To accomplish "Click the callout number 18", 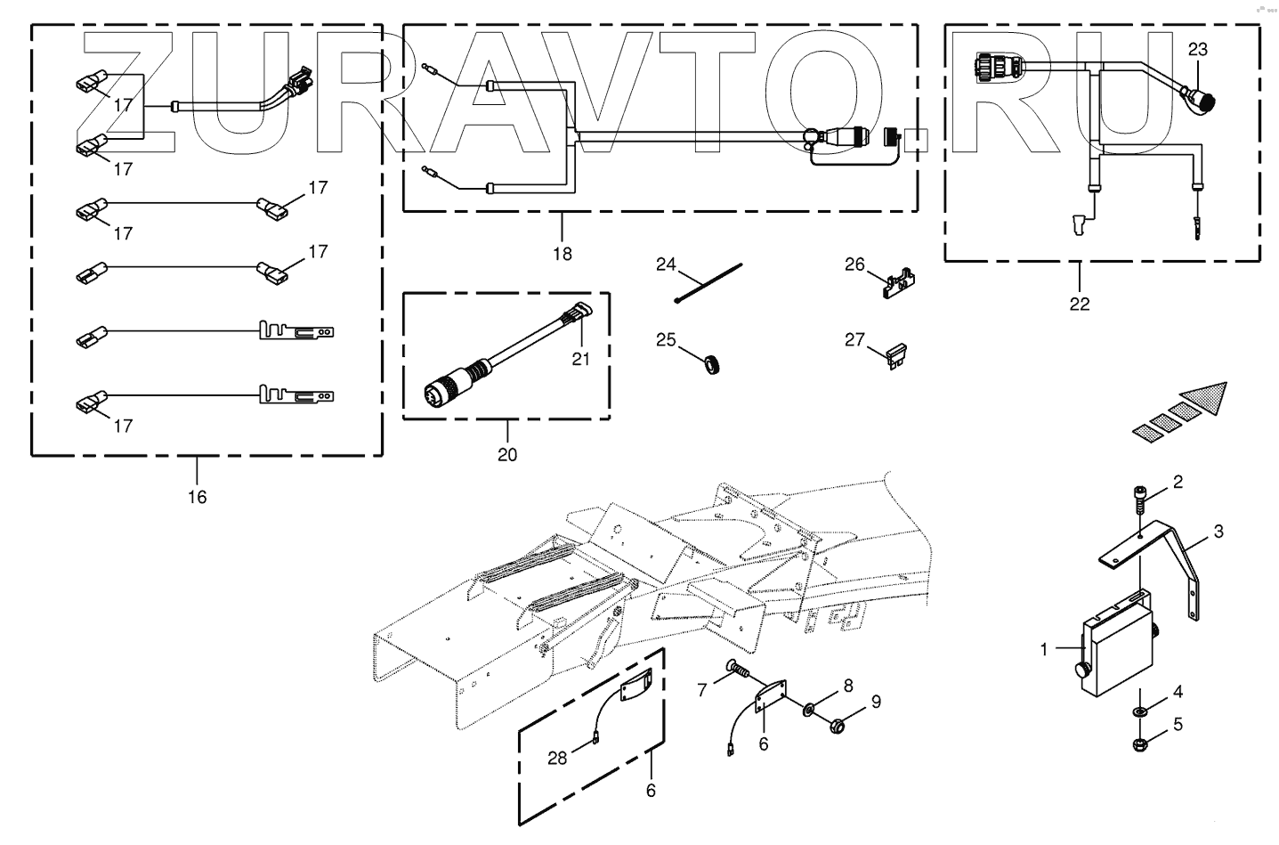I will (x=562, y=254).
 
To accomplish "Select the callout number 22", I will (x=1079, y=304).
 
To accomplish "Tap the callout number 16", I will (x=197, y=497).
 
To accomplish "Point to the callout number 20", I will (x=507, y=455).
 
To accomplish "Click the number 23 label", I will (x=1198, y=50).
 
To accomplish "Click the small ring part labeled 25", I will (x=712, y=364).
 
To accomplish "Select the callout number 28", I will (x=558, y=758).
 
